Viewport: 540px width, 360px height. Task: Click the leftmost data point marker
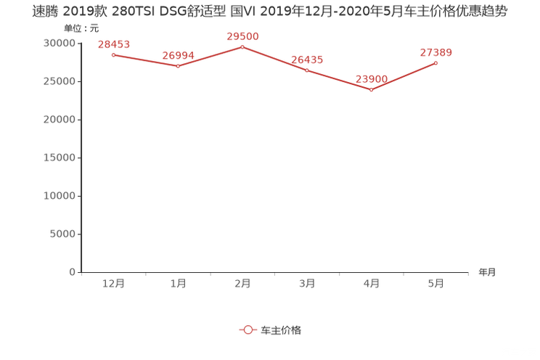(113, 54)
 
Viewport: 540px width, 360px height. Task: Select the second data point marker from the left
(178, 67)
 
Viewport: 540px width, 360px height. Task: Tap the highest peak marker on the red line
(242, 46)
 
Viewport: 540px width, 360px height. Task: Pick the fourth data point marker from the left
(307, 70)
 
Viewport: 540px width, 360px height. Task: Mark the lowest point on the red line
(371, 90)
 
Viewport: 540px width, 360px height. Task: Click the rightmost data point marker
(436, 63)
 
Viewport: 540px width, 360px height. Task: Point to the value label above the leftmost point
(113, 45)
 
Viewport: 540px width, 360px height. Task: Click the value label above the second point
(178, 54)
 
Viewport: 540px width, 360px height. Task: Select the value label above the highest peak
(242, 36)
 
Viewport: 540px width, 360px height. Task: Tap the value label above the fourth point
(307, 59)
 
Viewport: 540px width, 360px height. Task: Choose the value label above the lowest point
(372, 78)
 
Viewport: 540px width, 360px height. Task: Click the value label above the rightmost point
(436, 52)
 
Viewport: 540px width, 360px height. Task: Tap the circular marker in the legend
(247, 330)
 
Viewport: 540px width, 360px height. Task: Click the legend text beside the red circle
(280, 330)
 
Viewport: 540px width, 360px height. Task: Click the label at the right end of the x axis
(487, 273)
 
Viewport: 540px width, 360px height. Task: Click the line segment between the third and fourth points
(274, 58)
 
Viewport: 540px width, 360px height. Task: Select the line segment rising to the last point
(404, 77)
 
